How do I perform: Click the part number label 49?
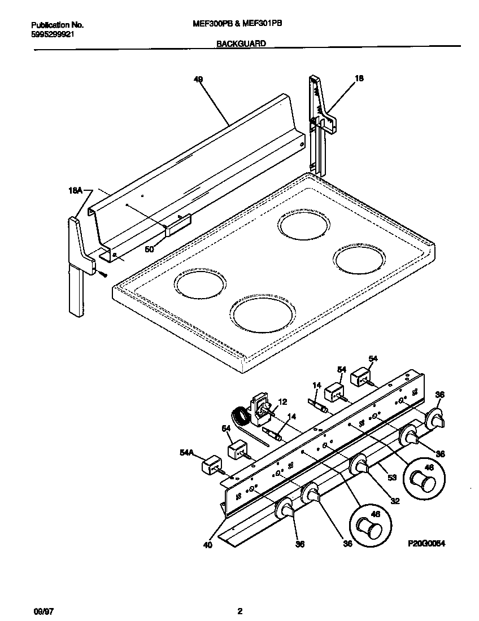pyautogui.click(x=198, y=80)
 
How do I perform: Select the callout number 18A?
pyautogui.click(x=75, y=191)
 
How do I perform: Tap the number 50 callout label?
pyautogui.click(x=149, y=248)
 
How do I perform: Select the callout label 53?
pyautogui.click(x=391, y=477)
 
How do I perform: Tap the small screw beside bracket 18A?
pyautogui.click(x=103, y=274)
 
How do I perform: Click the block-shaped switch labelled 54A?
pyautogui.click(x=211, y=465)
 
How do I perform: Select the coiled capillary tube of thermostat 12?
pyautogui.click(x=242, y=418)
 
